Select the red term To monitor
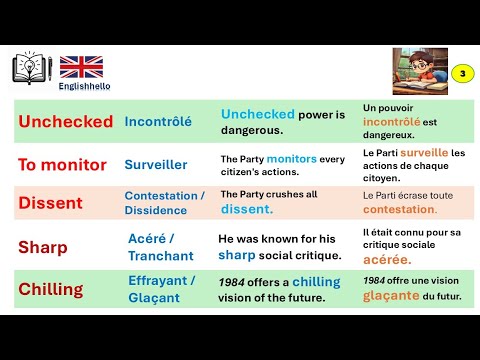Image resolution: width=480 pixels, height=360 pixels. (x=63, y=163)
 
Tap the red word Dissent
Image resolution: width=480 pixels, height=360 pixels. (x=50, y=202)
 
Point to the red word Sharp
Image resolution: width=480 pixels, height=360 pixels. (x=44, y=247)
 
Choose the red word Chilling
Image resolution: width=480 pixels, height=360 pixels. (x=51, y=289)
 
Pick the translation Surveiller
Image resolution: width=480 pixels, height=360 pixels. (x=157, y=163)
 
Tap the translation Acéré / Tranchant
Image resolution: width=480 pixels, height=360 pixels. (x=161, y=247)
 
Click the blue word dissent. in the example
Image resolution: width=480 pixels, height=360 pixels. (x=246, y=209)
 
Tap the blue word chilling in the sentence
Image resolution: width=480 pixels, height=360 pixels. (x=317, y=282)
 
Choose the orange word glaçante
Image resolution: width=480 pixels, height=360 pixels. (x=392, y=297)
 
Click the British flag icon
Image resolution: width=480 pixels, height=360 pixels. (x=81, y=66)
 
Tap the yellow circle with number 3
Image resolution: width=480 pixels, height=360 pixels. (x=461, y=73)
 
